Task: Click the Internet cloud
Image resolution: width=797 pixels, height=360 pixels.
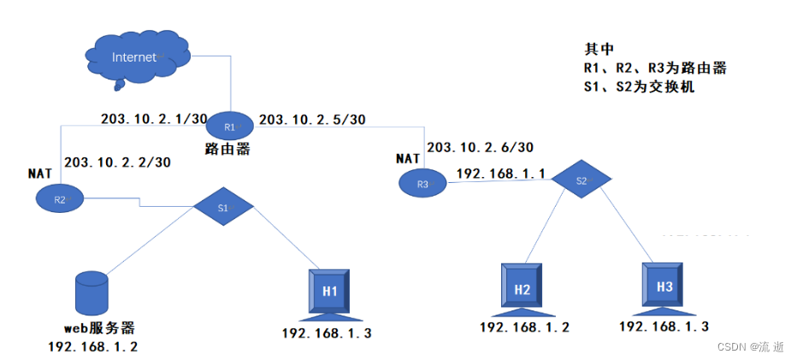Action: tap(137, 57)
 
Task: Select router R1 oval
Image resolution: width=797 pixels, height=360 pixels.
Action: tap(229, 127)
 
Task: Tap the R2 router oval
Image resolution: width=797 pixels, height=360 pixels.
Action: tap(59, 198)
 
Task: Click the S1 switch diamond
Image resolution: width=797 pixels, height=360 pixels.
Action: tap(223, 207)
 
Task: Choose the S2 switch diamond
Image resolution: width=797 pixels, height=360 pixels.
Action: tap(582, 180)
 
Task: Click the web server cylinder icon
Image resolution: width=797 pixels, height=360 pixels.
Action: tap(92, 292)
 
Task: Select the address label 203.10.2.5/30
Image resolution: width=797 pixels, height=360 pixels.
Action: tap(312, 119)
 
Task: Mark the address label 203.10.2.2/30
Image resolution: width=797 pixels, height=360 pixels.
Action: tap(117, 161)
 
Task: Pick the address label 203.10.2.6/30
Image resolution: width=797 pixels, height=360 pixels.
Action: tap(480, 147)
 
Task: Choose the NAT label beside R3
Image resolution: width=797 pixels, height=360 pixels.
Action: tap(409, 158)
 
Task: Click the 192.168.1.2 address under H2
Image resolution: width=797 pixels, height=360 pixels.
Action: tap(524, 327)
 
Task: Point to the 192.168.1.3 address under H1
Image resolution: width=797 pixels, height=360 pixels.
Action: tap(328, 333)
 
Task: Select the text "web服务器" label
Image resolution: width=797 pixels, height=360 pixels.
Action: tap(99, 328)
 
